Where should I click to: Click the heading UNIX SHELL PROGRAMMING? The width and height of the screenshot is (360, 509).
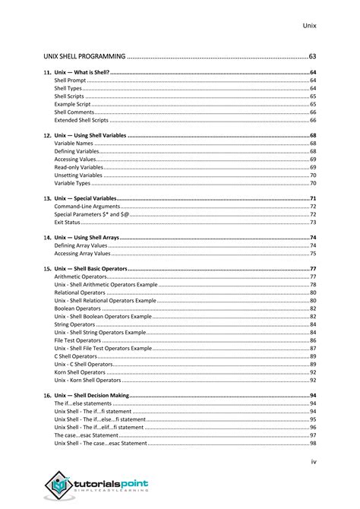pyautogui.click(x=83, y=56)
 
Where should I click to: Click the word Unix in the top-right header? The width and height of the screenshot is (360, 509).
pyautogui.click(x=308, y=26)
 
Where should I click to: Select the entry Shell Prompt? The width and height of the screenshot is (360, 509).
pyautogui.click(x=70, y=81)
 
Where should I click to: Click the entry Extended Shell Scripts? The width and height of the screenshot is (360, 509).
pyautogui.click(x=81, y=120)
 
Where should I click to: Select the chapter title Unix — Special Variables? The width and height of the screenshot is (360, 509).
pyautogui.click(x=85, y=198)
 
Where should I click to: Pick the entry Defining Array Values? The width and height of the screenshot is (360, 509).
pyautogui.click(x=81, y=246)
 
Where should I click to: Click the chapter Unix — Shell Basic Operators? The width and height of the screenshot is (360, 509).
pyautogui.click(x=90, y=270)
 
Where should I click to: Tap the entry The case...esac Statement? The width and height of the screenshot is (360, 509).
pyautogui.click(x=86, y=436)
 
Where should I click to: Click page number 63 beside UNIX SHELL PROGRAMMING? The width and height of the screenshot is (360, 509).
pyautogui.click(x=312, y=56)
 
